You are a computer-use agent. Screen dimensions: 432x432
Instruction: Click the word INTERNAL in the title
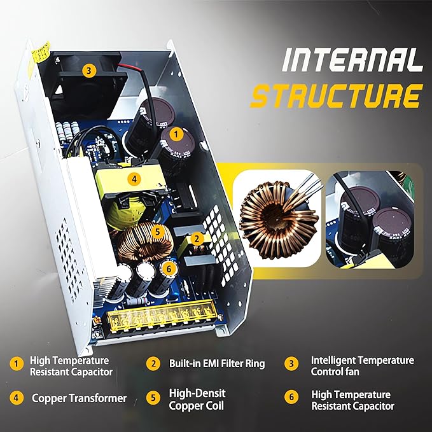click(x=352, y=60)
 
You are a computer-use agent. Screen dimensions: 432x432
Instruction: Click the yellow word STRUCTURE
click(x=337, y=96)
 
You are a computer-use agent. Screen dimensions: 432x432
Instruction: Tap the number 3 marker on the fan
click(x=88, y=71)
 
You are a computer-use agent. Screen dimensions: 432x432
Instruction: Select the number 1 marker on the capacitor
click(x=176, y=134)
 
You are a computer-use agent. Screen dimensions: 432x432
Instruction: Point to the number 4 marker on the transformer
click(x=134, y=179)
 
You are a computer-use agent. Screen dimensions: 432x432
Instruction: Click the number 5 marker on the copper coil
click(x=157, y=232)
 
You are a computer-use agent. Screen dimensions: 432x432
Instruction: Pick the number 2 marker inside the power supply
click(x=197, y=239)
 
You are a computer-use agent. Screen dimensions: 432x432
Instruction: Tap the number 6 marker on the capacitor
click(x=169, y=268)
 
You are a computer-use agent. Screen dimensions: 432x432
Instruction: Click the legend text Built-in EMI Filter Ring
click(x=217, y=363)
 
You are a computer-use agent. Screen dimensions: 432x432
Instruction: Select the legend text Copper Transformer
click(x=80, y=398)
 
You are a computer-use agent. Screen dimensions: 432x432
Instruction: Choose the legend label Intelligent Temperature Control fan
click(x=362, y=366)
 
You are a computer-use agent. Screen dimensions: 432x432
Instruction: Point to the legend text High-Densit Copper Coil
click(x=197, y=400)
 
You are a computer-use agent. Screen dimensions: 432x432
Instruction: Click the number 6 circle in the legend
click(x=291, y=397)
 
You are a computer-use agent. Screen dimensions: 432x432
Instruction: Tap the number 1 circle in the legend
click(x=17, y=363)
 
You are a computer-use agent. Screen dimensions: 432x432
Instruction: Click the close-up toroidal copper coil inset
click(x=277, y=219)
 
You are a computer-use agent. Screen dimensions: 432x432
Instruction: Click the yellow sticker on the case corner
click(x=41, y=51)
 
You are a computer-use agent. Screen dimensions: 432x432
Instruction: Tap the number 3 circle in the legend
click(x=291, y=364)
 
